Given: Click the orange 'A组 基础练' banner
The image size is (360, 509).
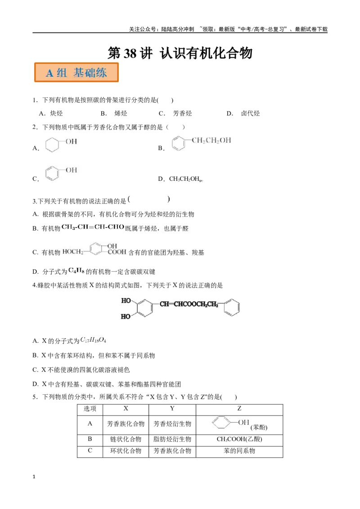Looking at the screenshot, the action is tap(76, 72).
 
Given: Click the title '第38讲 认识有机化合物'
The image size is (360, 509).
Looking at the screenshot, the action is tap(180, 53).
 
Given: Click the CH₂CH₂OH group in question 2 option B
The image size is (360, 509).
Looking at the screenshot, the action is tap(211, 140).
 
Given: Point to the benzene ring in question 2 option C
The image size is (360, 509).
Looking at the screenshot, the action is tap(52, 173).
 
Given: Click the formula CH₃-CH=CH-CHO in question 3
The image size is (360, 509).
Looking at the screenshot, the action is tap(93, 227).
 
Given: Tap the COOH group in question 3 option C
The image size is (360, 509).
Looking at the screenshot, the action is tap(117, 252).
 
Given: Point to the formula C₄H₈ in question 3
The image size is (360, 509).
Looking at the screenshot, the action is tap(76, 270).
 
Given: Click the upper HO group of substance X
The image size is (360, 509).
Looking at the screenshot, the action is tap(126, 301).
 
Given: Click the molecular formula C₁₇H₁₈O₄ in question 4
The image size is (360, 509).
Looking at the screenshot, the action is tap(93, 340).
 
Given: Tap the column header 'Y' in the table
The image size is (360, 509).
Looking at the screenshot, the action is tap(172, 408).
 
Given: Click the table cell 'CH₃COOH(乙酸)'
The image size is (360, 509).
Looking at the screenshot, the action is tap(239, 439).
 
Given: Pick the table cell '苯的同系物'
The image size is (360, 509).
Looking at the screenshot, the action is tap(239, 451).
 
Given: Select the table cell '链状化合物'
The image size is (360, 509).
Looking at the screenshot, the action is tap(126, 439).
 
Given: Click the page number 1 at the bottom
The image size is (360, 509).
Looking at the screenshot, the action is tap(34, 477).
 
